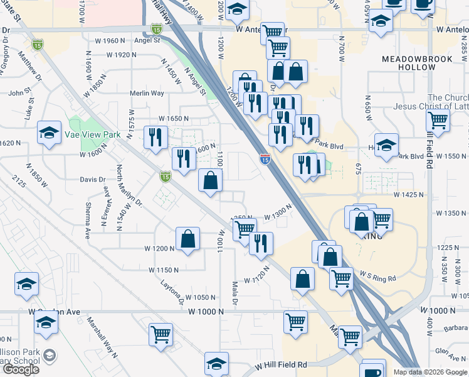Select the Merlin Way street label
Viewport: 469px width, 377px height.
(147, 93)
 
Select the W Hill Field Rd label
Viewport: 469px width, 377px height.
(281, 364)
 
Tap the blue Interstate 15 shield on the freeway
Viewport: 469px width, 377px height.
(265, 160)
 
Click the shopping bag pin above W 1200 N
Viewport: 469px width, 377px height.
(188, 239)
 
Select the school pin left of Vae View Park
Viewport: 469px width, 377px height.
(49, 133)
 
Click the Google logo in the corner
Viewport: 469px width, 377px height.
(21, 369)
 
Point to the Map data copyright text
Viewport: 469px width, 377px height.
(430, 372)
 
